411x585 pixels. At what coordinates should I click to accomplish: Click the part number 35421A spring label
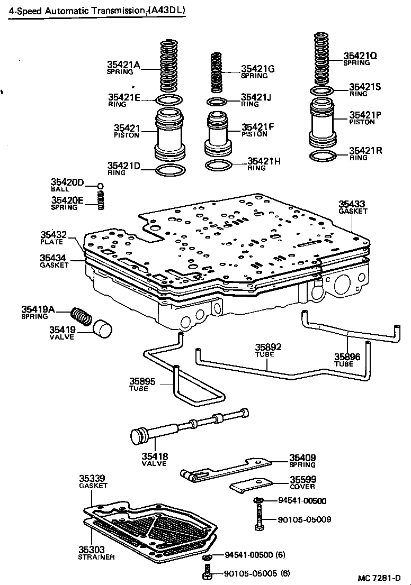click(124, 65)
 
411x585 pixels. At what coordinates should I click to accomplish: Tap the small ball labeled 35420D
click(100, 186)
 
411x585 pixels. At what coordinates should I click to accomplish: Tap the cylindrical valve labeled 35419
click(103, 328)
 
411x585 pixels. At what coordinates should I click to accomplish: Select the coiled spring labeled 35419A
click(82, 316)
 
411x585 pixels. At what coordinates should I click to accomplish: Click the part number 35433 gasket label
click(352, 204)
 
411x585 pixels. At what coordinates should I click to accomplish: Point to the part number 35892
click(269, 348)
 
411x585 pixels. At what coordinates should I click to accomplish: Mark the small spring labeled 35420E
click(100, 200)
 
